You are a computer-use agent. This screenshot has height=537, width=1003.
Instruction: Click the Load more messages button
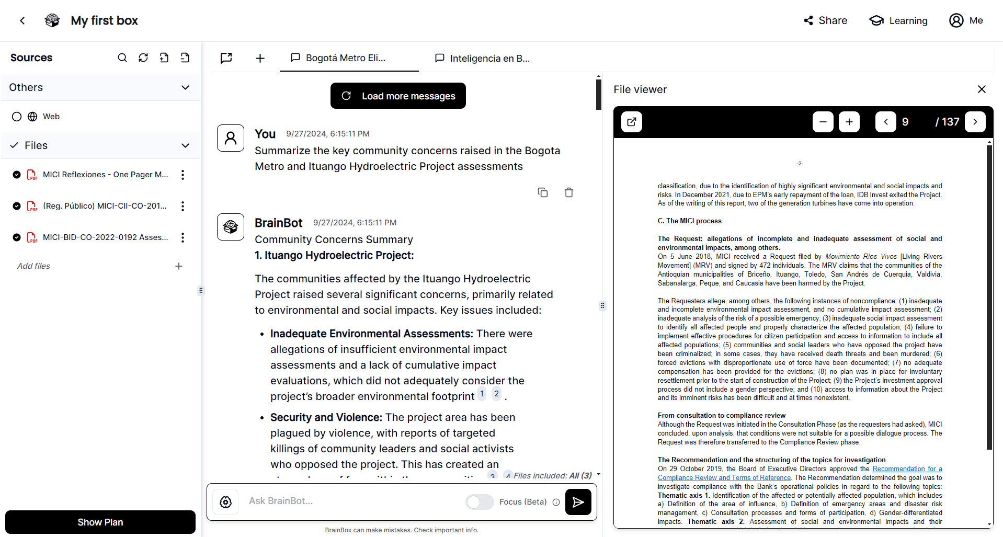pyautogui.click(x=398, y=96)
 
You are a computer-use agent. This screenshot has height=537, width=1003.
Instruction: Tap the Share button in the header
pyautogui.click(x=825, y=20)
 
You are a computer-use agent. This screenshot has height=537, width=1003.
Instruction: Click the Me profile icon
pyautogui.click(x=956, y=20)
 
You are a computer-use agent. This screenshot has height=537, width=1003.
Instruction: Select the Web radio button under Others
pyautogui.click(x=17, y=117)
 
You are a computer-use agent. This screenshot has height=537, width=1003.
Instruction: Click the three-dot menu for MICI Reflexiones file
pyautogui.click(x=183, y=175)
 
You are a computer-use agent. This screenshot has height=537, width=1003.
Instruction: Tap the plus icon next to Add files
pyautogui.click(x=179, y=266)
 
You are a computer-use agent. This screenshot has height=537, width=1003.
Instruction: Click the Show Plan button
pyautogui.click(x=100, y=522)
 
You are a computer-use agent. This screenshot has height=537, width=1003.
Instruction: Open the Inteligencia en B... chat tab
pyautogui.click(x=483, y=58)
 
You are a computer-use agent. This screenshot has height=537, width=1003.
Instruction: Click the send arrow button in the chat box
pyautogui.click(x=578, y=502)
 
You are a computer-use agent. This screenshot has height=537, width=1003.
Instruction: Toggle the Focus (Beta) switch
pyautogui.click(x=480, y=502)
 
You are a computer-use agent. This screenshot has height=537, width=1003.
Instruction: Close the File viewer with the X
pyautogui.click(x=982, y=89)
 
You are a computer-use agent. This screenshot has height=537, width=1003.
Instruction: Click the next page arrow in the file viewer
pyautogui.click(x=975, y=122)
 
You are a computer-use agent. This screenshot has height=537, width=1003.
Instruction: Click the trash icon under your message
pyautogui.click(x=569, y=192)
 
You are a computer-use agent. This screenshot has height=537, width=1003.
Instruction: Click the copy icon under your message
pyautogui.click(x=543, y=192)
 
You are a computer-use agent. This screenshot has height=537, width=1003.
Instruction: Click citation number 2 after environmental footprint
pyautogui.click(x=496, y=394)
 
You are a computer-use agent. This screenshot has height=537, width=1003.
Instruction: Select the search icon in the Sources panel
pyautogui.click(x=122, y=58)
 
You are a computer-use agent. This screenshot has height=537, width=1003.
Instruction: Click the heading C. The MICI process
pyautogui.click(x=689, y=221)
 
